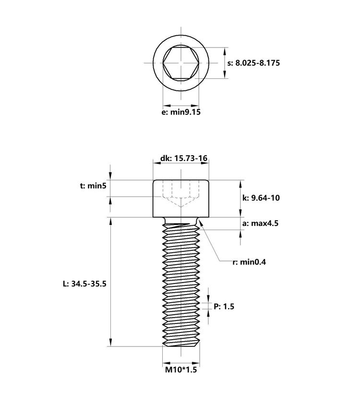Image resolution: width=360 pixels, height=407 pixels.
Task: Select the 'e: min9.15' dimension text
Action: tap(181, 112)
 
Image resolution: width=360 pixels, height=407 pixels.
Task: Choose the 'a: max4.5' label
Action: tap(261, 223)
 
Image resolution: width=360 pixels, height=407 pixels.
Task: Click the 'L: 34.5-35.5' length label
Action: tap(84, 284)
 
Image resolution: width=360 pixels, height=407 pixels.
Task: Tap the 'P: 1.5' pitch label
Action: tap(224, 306)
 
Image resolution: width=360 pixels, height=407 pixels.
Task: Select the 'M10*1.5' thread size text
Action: tap(181, 370)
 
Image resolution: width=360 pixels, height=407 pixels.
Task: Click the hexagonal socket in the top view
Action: tap(181, 62)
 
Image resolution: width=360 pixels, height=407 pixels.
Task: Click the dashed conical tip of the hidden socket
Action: tap(181, 202)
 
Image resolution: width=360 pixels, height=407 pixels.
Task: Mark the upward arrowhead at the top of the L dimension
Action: tap(111, 222)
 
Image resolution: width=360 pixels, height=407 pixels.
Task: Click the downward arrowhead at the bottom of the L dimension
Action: tap(111, 342)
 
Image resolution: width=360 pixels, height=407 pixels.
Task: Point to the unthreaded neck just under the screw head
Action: tap(181, 221)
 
